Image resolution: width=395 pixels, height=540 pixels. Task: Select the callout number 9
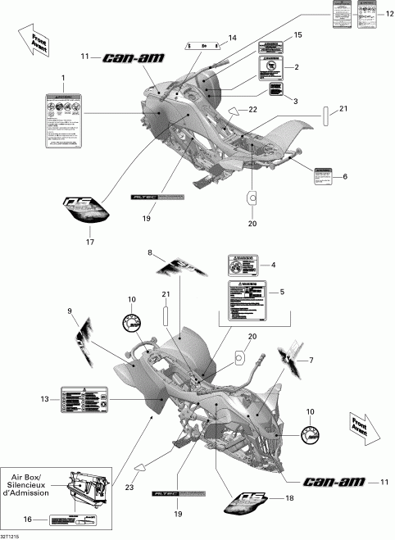click(x=69, y=311)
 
